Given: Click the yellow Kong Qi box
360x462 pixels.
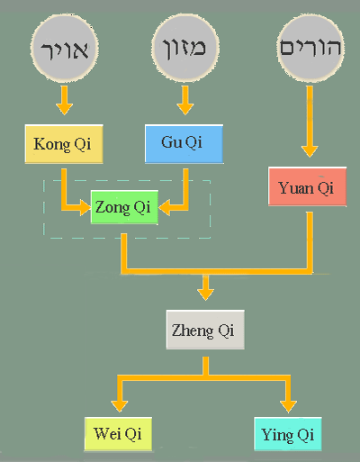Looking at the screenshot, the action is (64, 144).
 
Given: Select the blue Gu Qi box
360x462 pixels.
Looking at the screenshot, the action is (184, 144).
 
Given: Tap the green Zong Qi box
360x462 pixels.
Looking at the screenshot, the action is (124, 207).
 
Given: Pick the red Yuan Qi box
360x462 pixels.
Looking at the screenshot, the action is (307, 186).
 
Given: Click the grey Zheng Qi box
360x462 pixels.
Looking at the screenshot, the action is (205, 330).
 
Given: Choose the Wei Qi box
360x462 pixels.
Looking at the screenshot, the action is (118, 434).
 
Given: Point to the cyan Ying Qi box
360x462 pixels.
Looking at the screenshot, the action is (288, 434).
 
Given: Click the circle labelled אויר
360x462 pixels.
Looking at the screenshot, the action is (65, 48).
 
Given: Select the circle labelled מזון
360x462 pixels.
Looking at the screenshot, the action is (185, 48).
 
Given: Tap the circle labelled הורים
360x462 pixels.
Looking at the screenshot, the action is (310, 48).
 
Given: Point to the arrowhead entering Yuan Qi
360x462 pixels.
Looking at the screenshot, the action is (310, 151).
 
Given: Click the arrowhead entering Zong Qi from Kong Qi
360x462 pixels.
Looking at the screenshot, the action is (85, 207).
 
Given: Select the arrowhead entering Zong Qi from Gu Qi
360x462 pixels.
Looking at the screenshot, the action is (164, 207).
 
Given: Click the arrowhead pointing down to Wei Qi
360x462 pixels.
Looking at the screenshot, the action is (120, 406).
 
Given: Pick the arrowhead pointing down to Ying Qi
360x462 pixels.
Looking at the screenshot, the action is (288, 406).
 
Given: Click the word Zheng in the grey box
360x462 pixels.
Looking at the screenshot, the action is (193, 331).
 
